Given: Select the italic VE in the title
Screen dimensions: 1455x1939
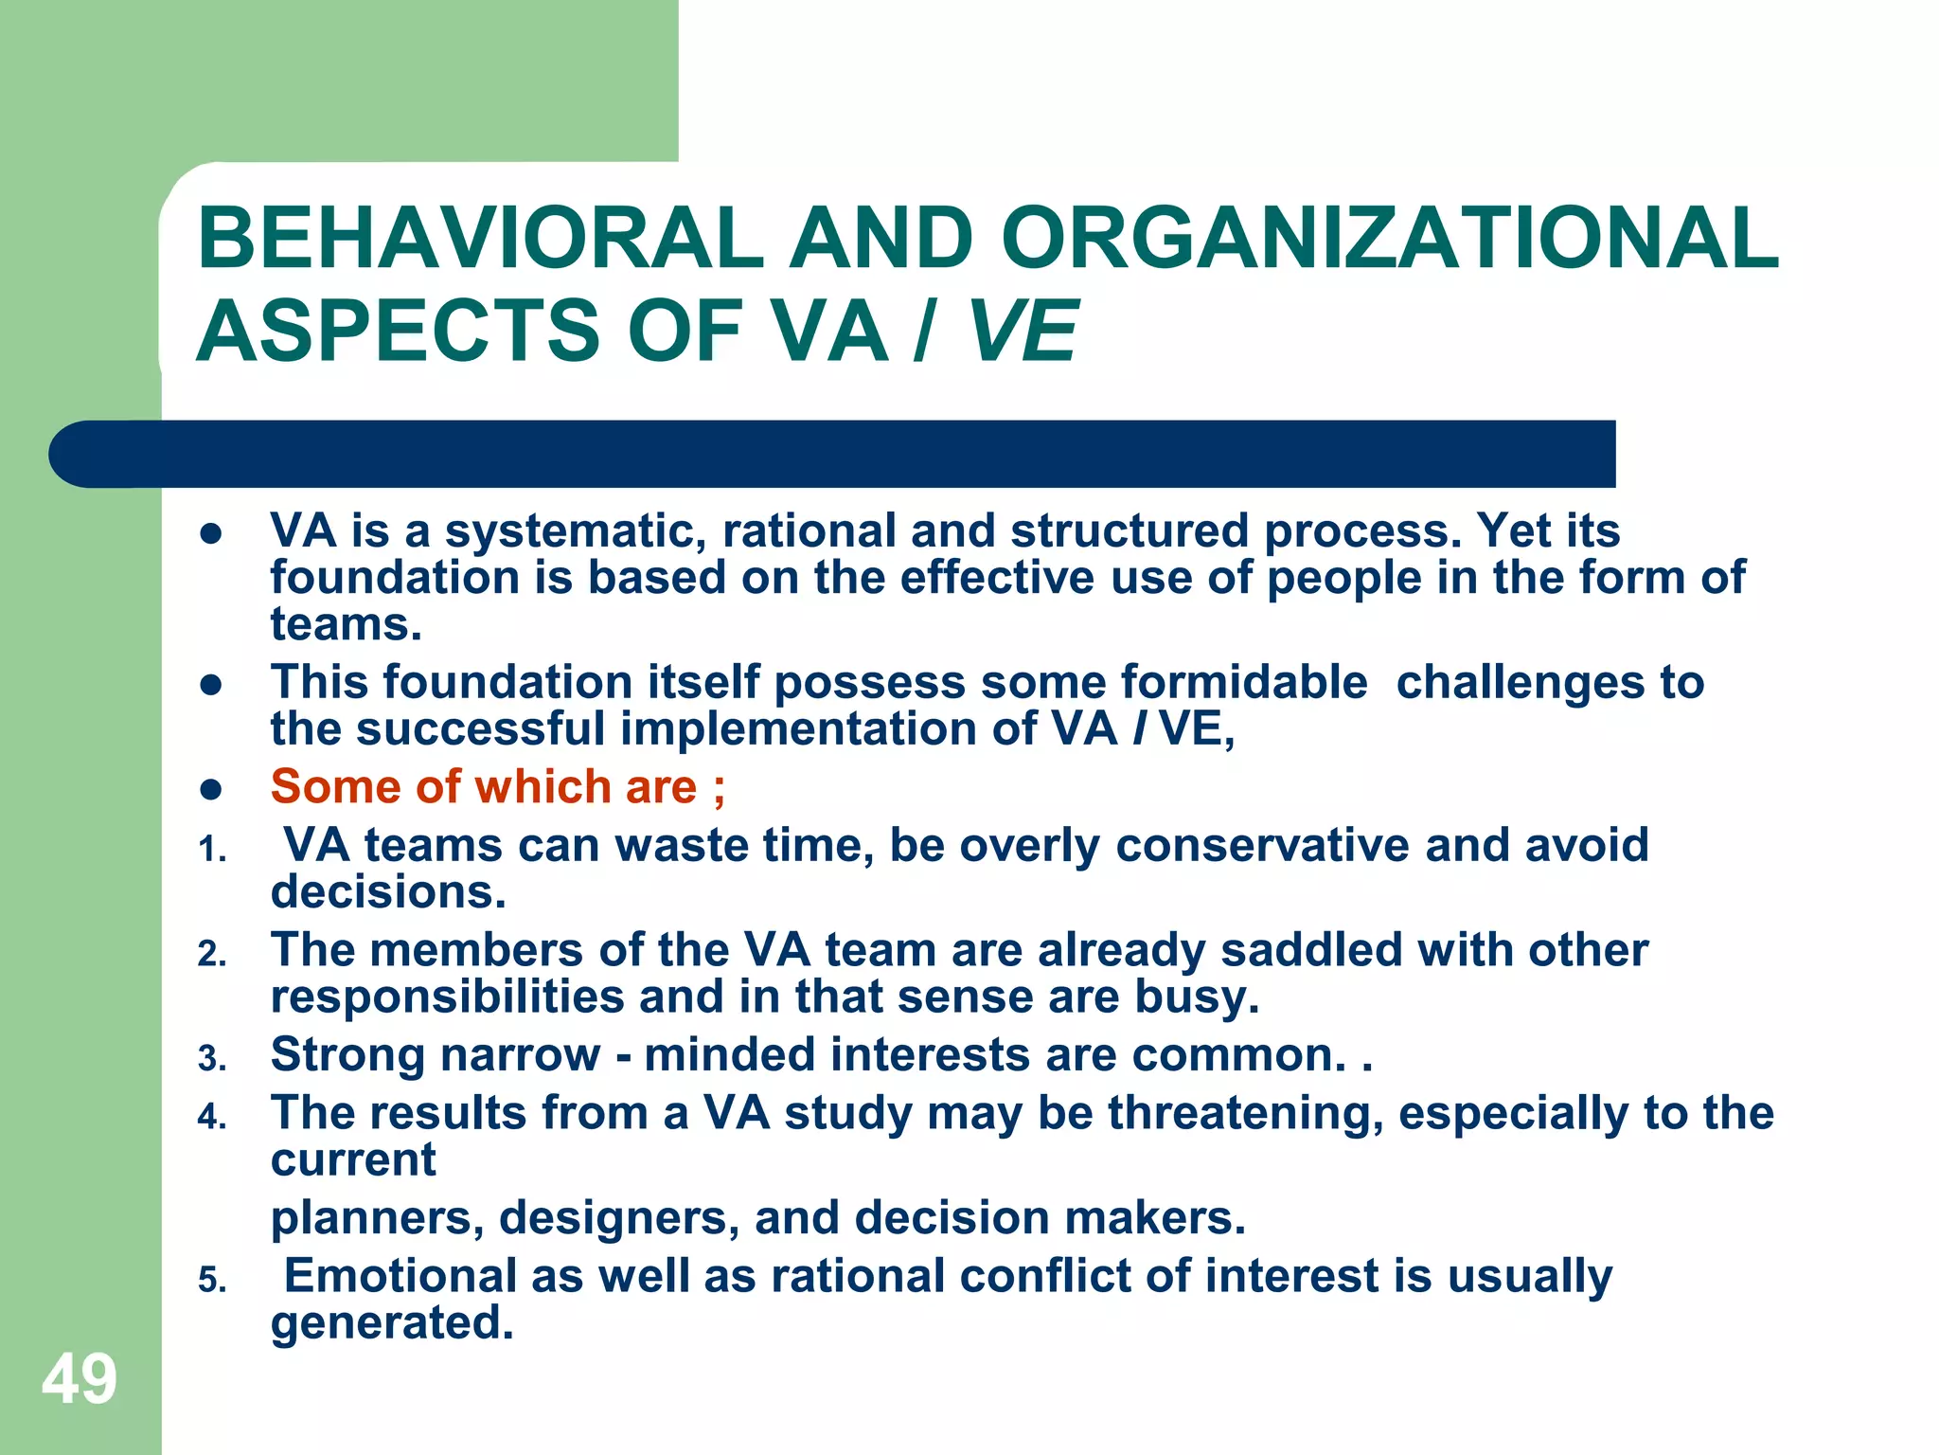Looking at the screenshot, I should tap(1023, 331).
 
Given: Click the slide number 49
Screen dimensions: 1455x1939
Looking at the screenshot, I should tap(80, 1379).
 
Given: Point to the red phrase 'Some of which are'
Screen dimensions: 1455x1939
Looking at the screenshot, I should tap(484, 786).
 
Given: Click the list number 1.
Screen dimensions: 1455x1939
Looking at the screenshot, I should tap(212, 851).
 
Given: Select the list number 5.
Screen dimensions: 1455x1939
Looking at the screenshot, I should tap(212, 1281).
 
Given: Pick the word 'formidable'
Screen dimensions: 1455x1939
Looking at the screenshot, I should tap(1244, 682).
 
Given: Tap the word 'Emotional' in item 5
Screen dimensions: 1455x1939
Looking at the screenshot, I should tap(400, 1275).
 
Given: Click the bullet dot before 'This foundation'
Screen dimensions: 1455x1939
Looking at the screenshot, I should tap(211, 685).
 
